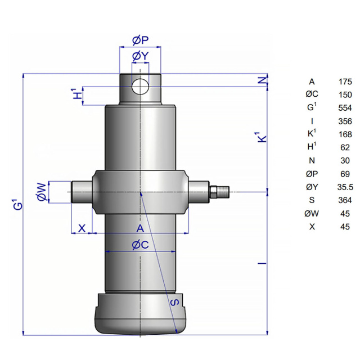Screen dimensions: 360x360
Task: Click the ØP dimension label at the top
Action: coord(141,40)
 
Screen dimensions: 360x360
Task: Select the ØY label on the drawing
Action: coord(141,56)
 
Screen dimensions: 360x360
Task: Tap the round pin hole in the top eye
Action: coord(140,86)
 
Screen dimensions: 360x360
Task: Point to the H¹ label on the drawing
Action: coord(78,93)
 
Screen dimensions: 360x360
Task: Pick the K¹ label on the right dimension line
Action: coord(260,137)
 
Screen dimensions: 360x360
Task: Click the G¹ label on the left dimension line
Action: coord(18,204)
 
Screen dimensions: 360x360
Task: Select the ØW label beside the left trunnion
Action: coord(42,192)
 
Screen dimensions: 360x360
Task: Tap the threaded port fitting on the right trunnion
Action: coord(219,192)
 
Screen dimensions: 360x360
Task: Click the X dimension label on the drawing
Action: coord(82,229)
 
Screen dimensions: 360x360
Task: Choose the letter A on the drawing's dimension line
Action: coord(140,229)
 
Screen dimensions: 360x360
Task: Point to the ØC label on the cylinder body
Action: coord(141,245)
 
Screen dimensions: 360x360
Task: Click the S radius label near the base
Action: coord(175,302)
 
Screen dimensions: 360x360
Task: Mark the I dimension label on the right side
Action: coord(262,263)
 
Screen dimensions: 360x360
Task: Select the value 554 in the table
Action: coord(345,108)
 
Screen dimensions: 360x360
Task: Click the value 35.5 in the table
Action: coord(345,187)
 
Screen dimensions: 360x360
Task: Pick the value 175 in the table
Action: coord(345,82)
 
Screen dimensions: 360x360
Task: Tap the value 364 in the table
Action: coord(345,200)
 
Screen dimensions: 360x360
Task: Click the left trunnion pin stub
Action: coord(82,192)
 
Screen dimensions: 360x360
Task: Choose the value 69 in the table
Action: coord(345,174)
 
